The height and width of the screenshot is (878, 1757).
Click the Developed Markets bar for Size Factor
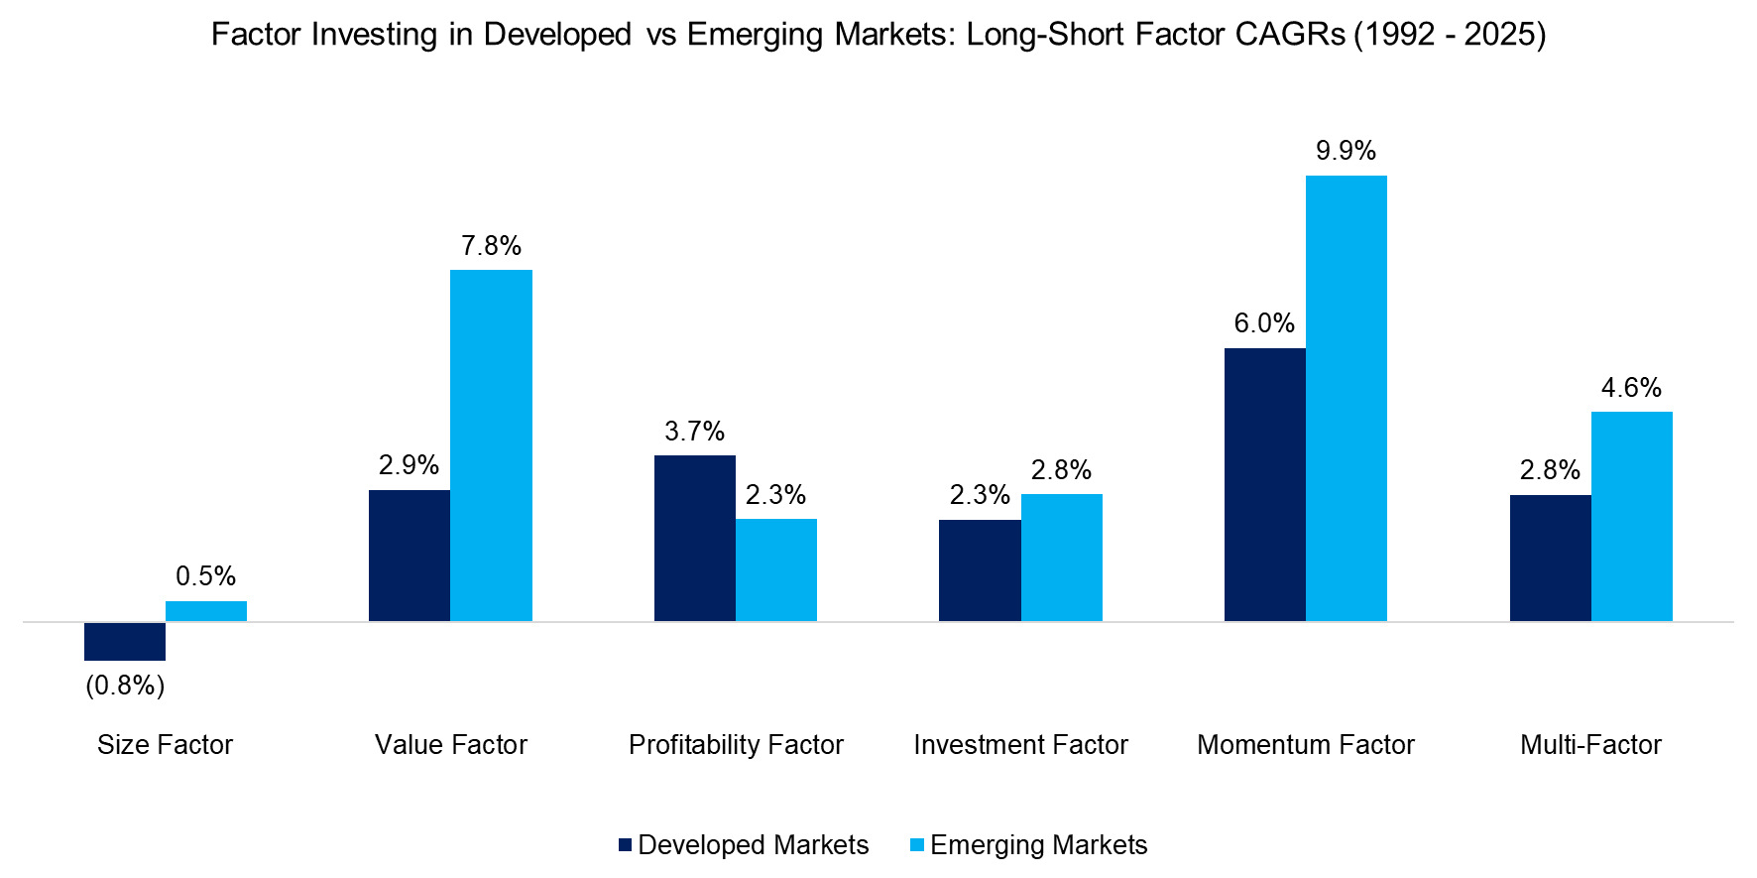(x=125, y=641)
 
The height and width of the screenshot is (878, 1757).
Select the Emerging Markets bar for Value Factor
(x=491, y=445)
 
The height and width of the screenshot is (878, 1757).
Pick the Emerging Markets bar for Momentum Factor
(x=1346, y=398)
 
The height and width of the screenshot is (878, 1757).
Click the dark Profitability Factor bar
(x=694, y=538)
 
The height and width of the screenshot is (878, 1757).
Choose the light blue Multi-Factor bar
(x=1631, y=516)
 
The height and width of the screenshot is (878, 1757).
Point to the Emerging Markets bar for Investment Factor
(x=1061, y=558)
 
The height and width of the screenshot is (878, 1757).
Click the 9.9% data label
(x=1346, y=151)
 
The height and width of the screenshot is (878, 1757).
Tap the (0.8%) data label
(x=125, y=686)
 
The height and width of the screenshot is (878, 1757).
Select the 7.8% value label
(x=491, y=246)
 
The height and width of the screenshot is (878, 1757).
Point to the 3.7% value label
(x=694, y=432)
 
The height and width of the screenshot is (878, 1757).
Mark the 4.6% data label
(x=1631, y=388)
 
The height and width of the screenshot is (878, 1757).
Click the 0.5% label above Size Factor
(x=205, y=576)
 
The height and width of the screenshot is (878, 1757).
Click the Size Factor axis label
(x=165, y=745)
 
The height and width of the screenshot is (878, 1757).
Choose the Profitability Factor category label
(x=736, y=745)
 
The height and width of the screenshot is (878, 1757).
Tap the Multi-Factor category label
(x=1590, y=745)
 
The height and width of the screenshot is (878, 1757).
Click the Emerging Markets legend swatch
(x=917, y=845)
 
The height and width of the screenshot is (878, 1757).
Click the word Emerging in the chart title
(x=756, y=35)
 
